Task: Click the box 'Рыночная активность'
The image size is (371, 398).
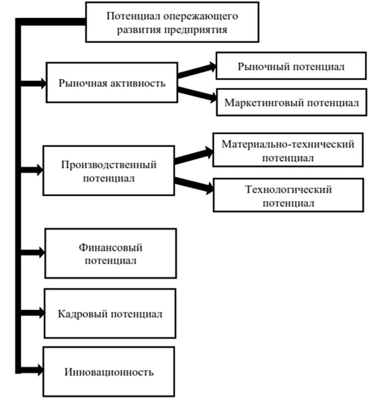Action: point(112,83)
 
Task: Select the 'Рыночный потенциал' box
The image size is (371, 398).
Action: point(291,66)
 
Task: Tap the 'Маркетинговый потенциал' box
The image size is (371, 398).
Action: point(292,103)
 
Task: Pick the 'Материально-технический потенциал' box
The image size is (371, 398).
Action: point(288,151)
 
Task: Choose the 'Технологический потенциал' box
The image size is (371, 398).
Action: point(288,195)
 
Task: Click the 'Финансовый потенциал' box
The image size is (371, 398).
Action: point(110,253)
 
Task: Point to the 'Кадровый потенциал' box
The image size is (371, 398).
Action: point(110,313)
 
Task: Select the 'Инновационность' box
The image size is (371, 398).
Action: point(109,371)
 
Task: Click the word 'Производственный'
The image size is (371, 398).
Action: point(109,164)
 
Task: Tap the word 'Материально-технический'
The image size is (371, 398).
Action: point(288,144)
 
